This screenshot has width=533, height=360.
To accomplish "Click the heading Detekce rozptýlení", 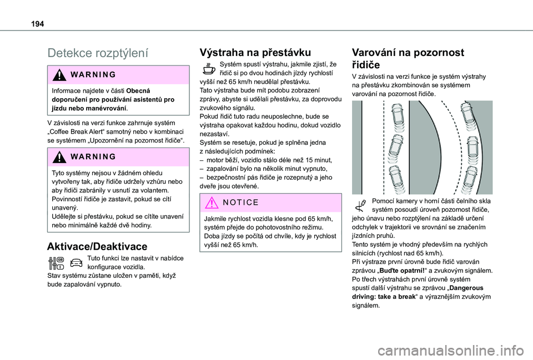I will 98,53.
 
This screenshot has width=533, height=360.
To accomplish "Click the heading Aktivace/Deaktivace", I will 97,246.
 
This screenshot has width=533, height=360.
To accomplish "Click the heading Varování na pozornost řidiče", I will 408,59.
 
